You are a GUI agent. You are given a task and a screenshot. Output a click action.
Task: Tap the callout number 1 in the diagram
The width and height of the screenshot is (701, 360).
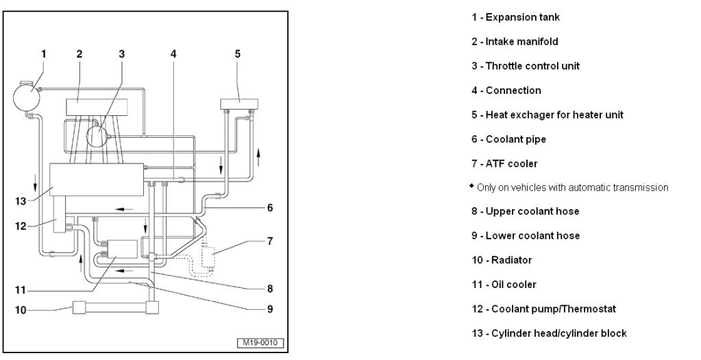click(x=43, y=53)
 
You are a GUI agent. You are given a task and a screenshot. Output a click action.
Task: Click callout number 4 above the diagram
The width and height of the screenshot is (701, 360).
click(x=173, y=53)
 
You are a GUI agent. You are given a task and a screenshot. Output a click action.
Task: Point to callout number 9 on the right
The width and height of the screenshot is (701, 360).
click(x=270, y=309)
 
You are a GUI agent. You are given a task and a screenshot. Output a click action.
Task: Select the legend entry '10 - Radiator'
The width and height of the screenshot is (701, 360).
click(x=501, y=260)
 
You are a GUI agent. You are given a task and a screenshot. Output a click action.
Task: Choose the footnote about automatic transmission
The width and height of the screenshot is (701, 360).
click(x=569, y=187)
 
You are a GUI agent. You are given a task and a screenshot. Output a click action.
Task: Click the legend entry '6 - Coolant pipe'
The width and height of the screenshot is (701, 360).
click(x=508, y=139)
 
